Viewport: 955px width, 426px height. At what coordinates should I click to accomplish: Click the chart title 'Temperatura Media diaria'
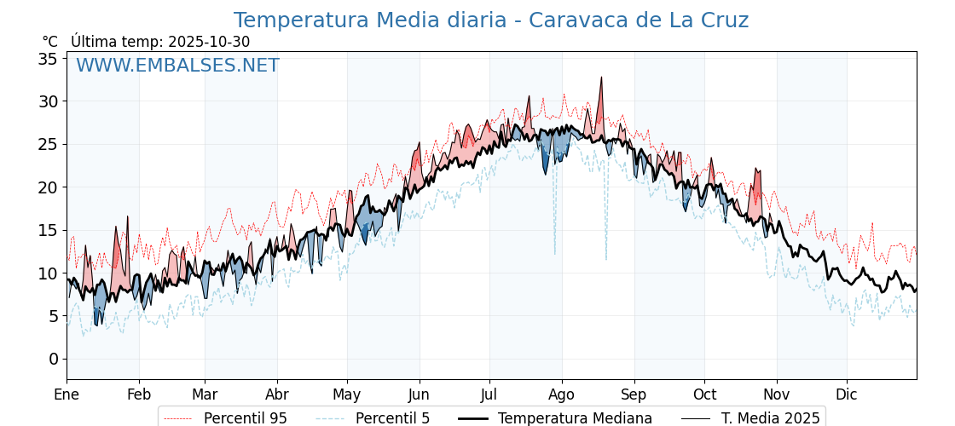pos(369,20)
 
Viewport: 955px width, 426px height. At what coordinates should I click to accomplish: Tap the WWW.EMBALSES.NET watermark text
pos(177,66)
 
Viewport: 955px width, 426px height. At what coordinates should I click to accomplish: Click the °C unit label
pos(50,42)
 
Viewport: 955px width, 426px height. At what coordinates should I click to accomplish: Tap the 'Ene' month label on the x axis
pos(67,394)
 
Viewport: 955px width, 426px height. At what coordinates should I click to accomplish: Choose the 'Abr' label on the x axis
pos(277,394)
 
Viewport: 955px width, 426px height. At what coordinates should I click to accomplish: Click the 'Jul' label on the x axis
pos(489,394)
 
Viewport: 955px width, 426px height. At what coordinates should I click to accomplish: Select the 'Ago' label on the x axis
pos(562,394)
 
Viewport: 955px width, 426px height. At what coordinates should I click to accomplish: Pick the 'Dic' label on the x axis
pos(847,394)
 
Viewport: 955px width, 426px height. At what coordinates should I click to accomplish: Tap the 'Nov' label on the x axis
pos(777,394)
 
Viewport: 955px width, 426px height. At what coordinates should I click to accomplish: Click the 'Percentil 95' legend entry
pos(245,418)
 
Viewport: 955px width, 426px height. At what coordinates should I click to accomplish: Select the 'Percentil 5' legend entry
pos(392,418)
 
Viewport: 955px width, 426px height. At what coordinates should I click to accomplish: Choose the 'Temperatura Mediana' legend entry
pos(575,418)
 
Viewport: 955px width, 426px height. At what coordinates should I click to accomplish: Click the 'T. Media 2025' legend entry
pos(770,418)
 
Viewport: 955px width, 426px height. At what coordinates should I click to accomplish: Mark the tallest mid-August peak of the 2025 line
pos(601,78)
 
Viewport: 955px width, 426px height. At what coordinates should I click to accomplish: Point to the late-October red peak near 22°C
pos(755,170)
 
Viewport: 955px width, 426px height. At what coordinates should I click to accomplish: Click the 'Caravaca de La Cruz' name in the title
pos(639,20)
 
